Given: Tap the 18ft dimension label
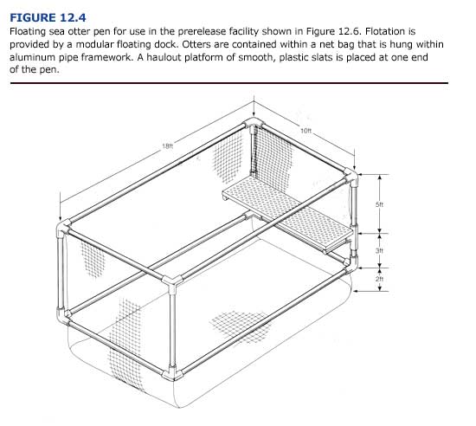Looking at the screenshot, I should coord(167,147).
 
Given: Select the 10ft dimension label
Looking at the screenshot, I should coord(306,131).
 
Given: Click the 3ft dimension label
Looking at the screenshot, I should coord(379,249).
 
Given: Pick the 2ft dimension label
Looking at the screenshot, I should coord(379,279).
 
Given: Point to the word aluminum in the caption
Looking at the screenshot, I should coord(35,58).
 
